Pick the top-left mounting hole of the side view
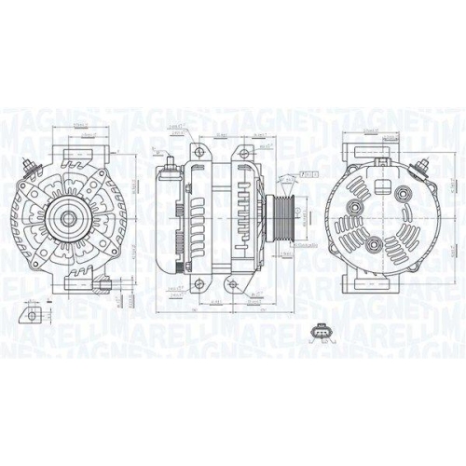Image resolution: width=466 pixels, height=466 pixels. coord(197,151)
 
